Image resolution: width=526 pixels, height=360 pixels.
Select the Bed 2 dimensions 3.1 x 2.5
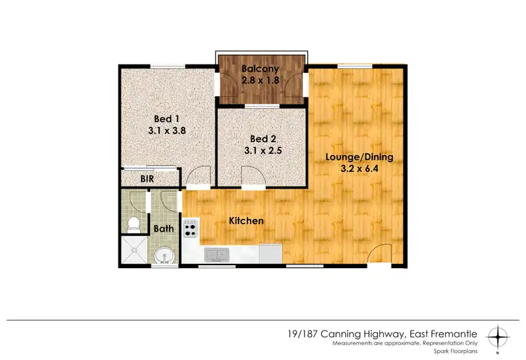260,149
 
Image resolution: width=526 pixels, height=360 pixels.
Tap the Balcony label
260,69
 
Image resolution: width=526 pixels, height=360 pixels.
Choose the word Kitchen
246,221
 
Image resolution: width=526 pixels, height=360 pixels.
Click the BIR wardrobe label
147,180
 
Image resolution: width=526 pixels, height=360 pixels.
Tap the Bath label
163,228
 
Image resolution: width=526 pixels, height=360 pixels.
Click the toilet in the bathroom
133,224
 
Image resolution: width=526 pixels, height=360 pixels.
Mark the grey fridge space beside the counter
270,253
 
